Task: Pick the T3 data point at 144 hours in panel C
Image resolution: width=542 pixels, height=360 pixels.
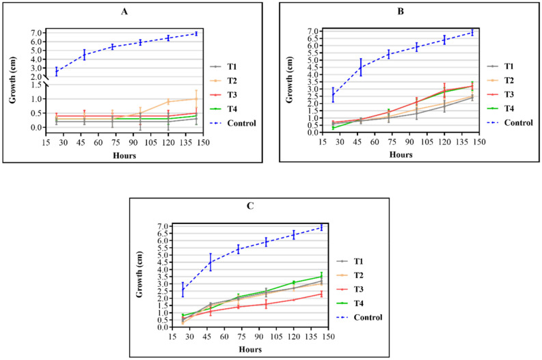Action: point(321,294)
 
